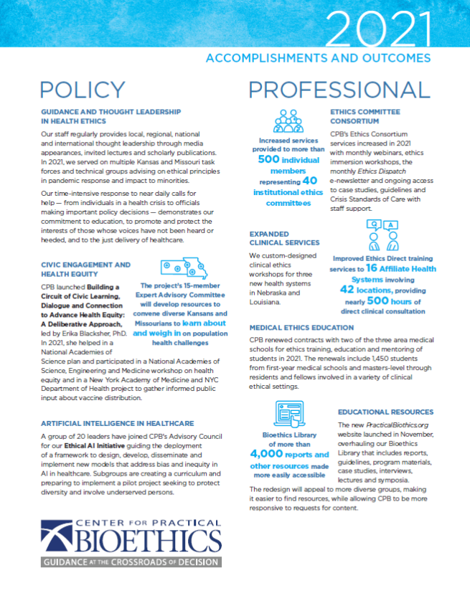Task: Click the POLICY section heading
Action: [x=83, y=89]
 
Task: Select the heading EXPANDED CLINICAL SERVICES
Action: [x=280, y=239]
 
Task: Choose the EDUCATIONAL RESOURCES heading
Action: [x=385, y=412]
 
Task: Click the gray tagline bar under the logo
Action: [x=130, y=562]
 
